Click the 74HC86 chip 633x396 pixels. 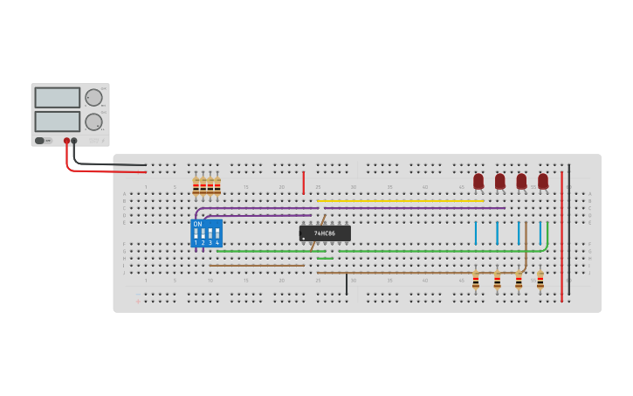point(325,233)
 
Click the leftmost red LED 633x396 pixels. point(478,181)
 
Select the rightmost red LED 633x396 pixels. point(543,181)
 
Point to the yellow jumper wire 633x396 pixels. point(402,201)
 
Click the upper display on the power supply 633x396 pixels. point(57,97)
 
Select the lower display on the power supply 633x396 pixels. point(57,121)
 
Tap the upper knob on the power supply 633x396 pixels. point(93,97)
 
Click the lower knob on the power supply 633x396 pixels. point(93,122)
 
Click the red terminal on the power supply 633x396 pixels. point(66,141)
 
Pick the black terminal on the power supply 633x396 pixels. point(74,141)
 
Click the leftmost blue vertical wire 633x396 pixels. point(476,233)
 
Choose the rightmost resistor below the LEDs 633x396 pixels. point(540,281)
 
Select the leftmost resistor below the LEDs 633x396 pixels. point(476,281)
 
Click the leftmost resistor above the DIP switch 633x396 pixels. point(196,186)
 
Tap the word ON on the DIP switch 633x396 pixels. point(197,225)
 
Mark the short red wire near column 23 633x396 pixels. point(304,183)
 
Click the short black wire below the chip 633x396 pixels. point(347,284)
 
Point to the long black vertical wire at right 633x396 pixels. point(569,227)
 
